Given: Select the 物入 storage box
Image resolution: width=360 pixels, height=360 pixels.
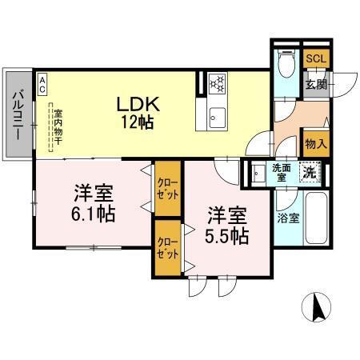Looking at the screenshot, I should pos(315,144).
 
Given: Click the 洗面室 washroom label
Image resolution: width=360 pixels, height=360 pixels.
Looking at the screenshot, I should pos(281,172).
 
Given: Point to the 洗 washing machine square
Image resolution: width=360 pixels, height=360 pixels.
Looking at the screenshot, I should pos(308,171).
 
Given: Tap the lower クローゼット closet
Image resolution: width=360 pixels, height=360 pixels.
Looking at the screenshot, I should pos(167,250).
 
